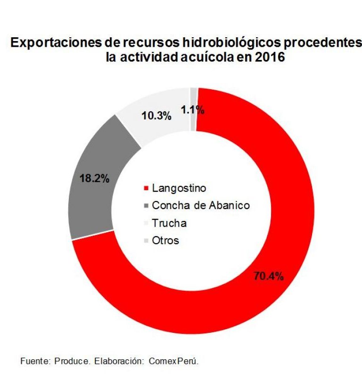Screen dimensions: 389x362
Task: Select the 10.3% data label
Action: (156, 115)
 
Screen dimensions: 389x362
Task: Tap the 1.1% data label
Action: (192, 110)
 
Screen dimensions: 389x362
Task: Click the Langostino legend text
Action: (180, 188)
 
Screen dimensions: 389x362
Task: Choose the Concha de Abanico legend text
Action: (201, 205)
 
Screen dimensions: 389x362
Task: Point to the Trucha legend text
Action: (169, 223)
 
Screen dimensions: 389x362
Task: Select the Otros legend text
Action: (165, 240)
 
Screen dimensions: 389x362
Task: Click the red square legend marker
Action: (146, 188)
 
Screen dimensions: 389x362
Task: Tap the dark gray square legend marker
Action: (146, 206)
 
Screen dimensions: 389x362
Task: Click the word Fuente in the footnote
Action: (34, 361)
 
